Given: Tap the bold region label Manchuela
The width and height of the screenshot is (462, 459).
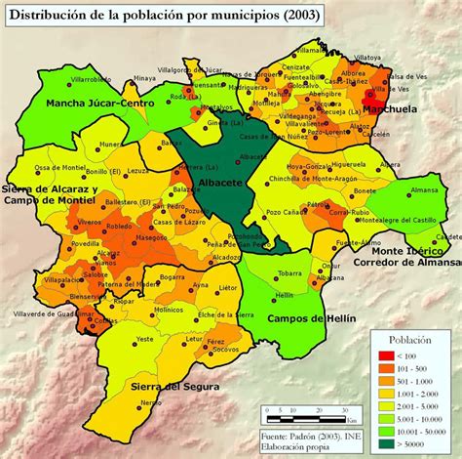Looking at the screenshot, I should point(391,111).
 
